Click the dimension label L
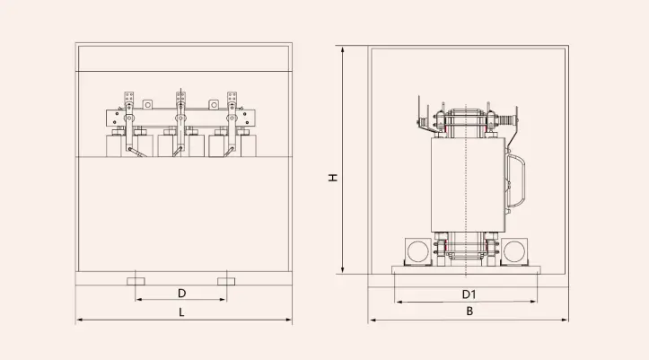[181, 312]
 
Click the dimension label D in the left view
[181, 293]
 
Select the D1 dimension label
[468, 294]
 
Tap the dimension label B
[468, 312]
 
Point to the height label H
[332, 178]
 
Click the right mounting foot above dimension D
[227, 281]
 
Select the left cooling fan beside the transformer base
[417, 250]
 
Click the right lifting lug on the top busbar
[215, 104]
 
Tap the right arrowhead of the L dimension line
[288, 320]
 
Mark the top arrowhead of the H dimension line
[343, 49]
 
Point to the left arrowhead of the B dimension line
[371, 320]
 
